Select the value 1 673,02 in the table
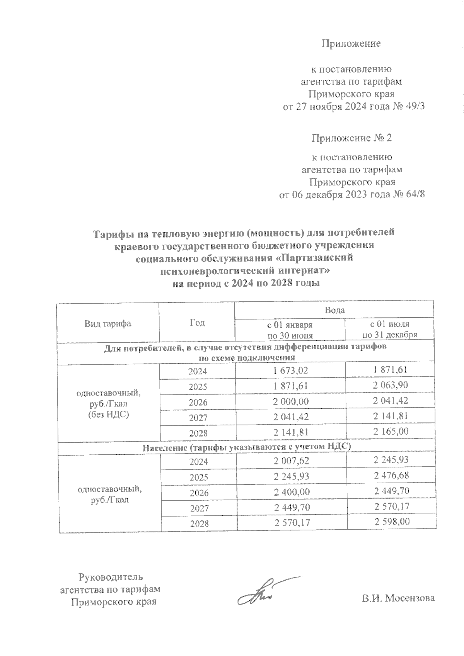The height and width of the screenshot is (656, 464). click(x=290, y=371)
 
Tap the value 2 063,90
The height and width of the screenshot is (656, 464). click(x=391, y=385)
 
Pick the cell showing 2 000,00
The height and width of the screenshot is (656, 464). click(x=291, y=402)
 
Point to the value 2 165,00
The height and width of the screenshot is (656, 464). click(x=391, y=431)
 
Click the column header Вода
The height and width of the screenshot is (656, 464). click(x=334, y=310)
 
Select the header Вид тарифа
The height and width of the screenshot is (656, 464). click(x=108, y=323)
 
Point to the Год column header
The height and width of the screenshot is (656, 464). click(x=197, y=323)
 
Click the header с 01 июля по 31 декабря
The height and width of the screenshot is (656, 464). click(x=389, y=329)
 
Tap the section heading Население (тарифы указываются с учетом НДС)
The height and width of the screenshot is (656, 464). click(x=247, y=447)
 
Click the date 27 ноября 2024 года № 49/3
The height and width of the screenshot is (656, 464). click(x=354, y=107)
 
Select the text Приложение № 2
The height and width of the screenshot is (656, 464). click(x=351, y=138)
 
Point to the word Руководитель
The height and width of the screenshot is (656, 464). click(x=111, y=578)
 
